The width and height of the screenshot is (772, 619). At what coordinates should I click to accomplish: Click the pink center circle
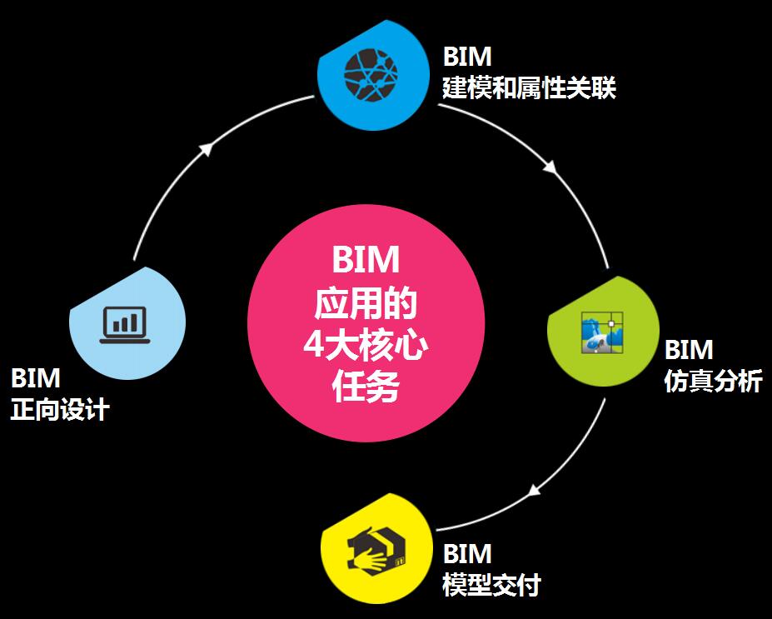(x=366, y=326)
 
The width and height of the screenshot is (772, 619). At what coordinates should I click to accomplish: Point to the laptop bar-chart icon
(x=123, y=325)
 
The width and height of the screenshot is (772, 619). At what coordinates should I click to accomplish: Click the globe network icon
(x=371, y=73)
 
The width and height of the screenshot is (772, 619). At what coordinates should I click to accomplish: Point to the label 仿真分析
(x=713, y=382)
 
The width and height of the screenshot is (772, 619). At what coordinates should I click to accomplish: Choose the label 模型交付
(x=491, y=585)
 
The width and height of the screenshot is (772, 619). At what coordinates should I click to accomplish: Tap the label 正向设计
(x=60, y=410)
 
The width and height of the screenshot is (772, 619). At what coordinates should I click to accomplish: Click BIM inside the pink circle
(x=366, y=261)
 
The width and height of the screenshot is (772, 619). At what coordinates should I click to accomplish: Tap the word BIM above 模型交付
(x=467, y=554)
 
